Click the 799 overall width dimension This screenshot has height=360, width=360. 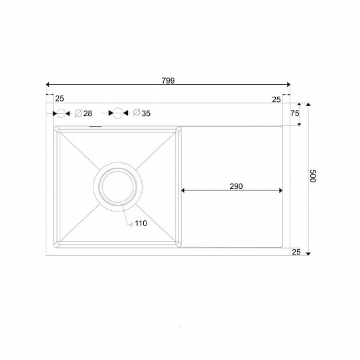168,81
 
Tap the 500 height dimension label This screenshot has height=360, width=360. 313,176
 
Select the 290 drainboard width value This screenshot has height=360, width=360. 236,186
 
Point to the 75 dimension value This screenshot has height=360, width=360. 295,113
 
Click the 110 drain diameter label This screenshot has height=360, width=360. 141,223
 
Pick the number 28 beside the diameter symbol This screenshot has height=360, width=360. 88,113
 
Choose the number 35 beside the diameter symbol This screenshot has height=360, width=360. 146,113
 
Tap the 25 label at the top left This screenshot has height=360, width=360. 60,99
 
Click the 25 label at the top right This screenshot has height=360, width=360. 276,99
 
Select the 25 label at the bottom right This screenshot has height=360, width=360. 296,252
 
